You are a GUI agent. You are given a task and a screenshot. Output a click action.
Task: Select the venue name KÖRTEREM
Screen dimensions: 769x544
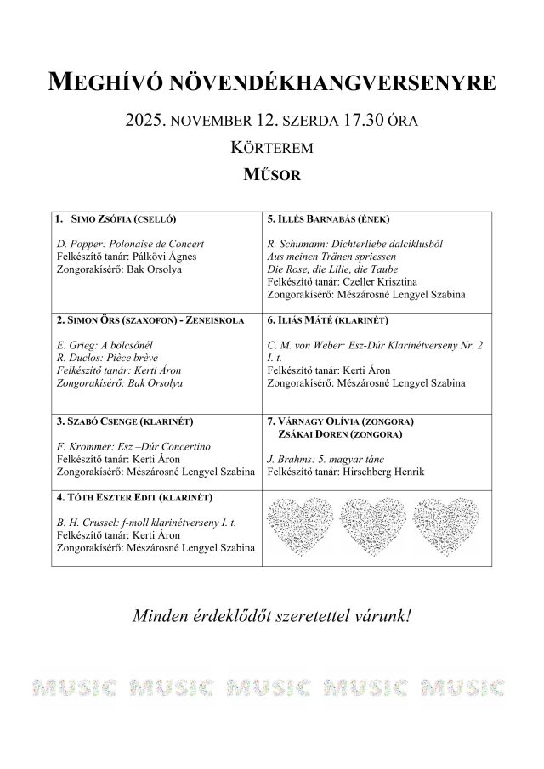(x=272, y=148)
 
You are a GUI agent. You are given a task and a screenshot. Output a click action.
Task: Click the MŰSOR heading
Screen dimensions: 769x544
(x=272, y=175)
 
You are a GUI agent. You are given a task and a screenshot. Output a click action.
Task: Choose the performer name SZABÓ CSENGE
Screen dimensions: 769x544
(x=95, y=421)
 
